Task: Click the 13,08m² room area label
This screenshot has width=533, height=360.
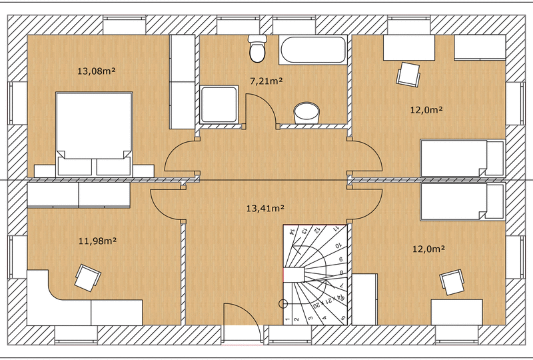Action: click(93, 71)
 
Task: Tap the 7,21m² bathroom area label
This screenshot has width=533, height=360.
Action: click(266, 81)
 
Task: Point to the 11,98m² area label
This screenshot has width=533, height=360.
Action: click(93, 241)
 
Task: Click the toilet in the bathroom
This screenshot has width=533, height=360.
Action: click(257, 47)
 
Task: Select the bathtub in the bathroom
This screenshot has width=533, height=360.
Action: click(313, 51)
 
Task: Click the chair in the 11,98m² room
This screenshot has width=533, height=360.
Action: click(87, 277)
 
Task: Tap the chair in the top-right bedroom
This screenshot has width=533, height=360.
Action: click(408, 73)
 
